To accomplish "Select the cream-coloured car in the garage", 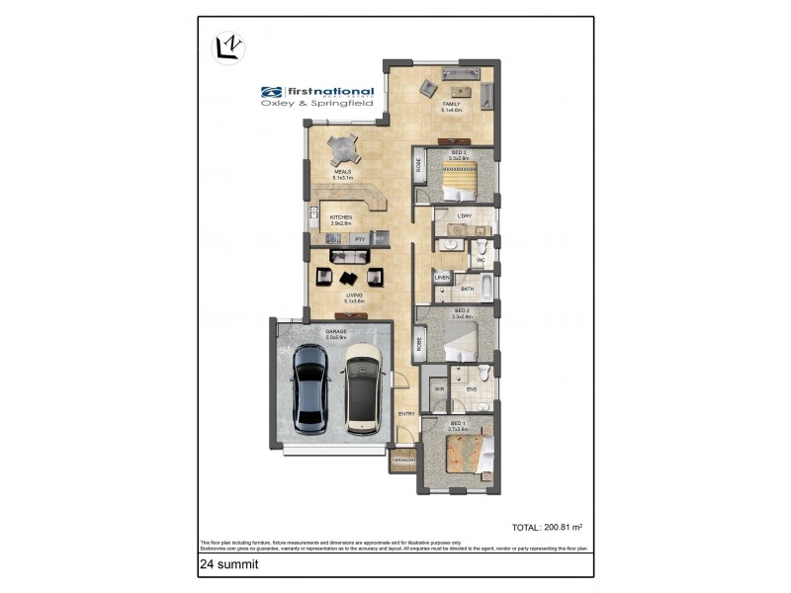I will (x=363, y=387).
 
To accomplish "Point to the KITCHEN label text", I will (x=340, y=217).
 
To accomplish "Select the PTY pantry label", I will (x=360, y=239).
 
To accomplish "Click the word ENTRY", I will (x=406, y=414).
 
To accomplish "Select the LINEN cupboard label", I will (x=442, y=278).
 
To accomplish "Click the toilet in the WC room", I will (x=483, y=247).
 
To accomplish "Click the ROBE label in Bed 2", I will (x=419, y=343).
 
